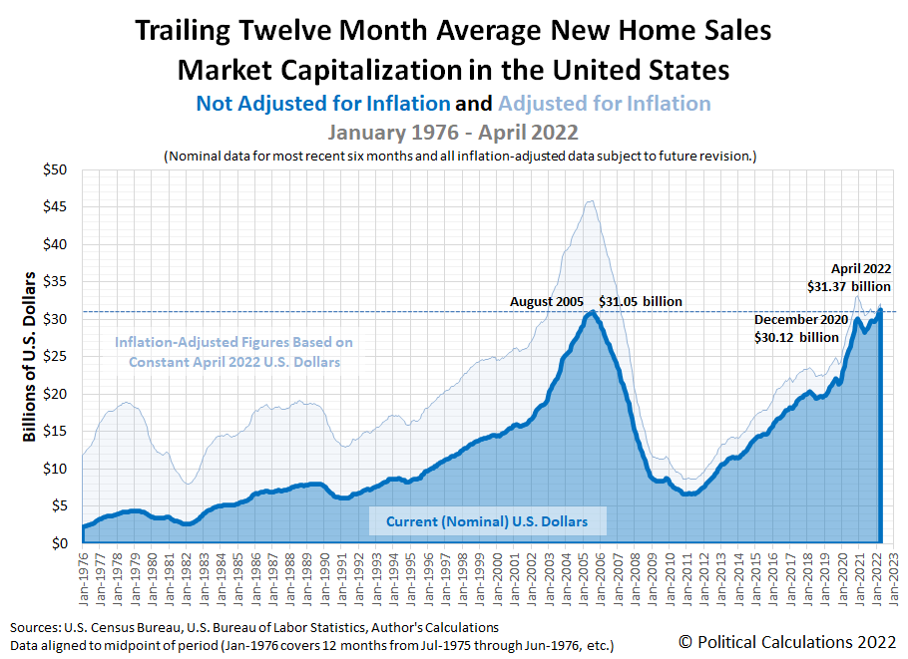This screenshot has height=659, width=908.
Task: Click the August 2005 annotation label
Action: [x=548, y=301]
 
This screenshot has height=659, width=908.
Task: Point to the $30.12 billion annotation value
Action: [x=796, y=337]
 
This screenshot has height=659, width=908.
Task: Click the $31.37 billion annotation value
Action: [x=848, y=286]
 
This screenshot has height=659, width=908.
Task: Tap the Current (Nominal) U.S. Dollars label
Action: [x=487, y=520]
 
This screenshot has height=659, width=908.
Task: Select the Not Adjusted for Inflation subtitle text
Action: [x=323, y=104]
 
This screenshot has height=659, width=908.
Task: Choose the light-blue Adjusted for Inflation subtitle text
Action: [x=605, y=104]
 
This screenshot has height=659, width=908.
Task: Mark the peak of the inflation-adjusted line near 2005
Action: [x=591, y=200]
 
